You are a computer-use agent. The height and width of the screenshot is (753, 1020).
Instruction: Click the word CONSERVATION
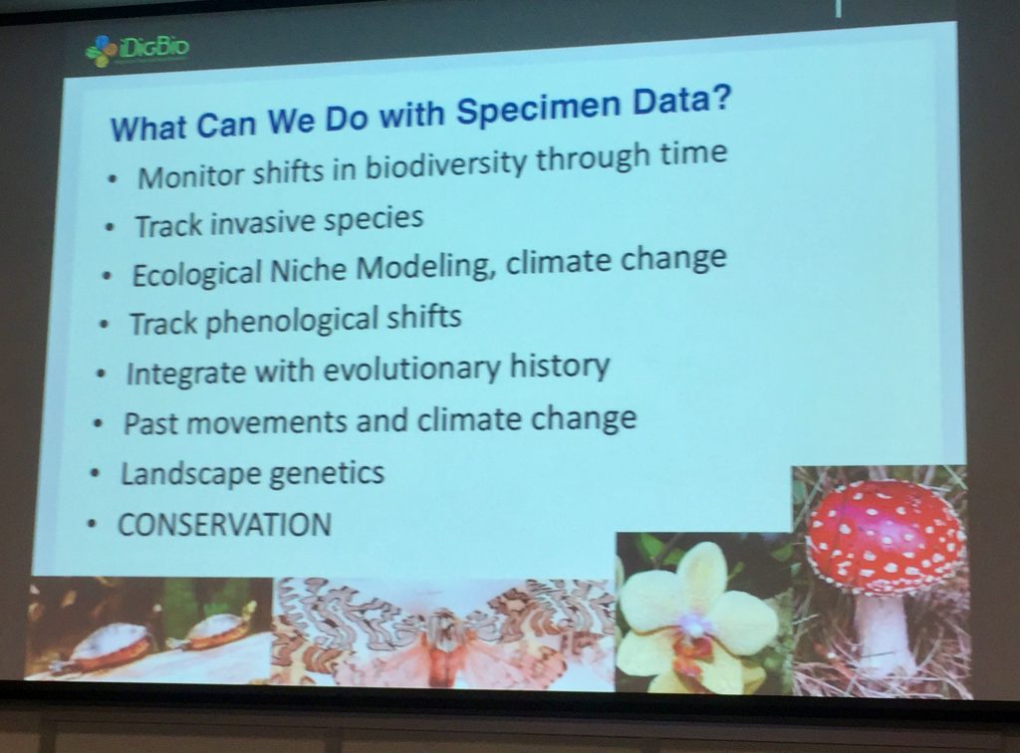pos(224,525)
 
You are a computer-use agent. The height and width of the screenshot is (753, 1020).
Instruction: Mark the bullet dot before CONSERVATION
pos(93,525)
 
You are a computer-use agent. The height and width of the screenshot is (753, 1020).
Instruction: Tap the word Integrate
pos(176,375)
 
